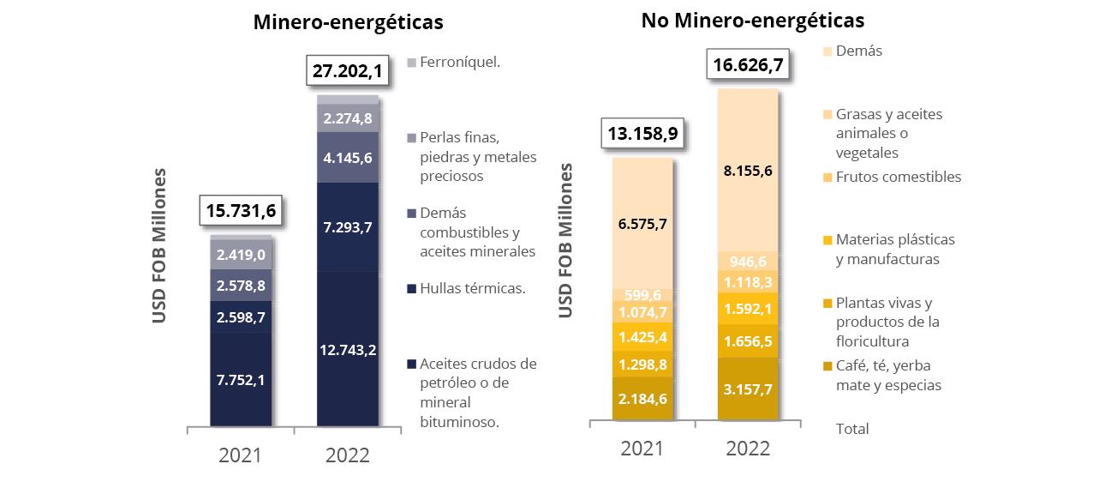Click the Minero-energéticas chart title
coord(348,23)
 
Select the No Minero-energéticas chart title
coord(752,20)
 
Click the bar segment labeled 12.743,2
coord(348,350)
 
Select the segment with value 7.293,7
coord(348,227)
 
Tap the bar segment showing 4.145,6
coord(348,157)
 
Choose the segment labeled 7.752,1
coord(241,379)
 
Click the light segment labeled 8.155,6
coord(747,171)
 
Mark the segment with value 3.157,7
coord(747,389)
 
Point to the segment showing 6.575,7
coord(642,224)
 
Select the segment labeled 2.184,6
coord(642,398)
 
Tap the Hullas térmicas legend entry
coord(472,288)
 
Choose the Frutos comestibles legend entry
coord(897,177)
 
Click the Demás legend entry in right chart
coord(857,51)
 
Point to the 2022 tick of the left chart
coord(348,454)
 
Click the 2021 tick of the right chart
coord(642,448)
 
